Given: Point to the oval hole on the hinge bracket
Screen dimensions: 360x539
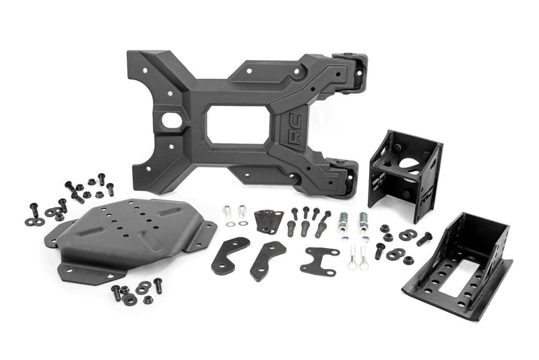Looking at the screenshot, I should tap(166, 123).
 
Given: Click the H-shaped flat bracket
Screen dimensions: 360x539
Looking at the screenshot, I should tap(319, 260).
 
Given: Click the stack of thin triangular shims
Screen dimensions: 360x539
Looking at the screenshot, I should tap(269, 220).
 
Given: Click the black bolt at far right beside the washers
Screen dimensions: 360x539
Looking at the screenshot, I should tap(424, 238).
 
